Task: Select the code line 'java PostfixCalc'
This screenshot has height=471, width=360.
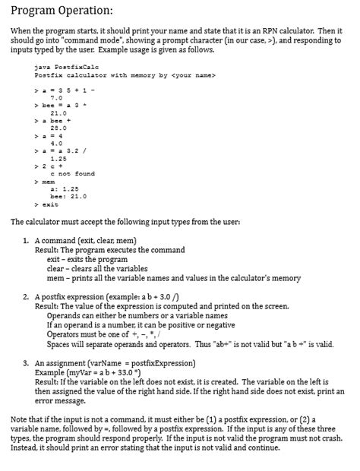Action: coord(62,68)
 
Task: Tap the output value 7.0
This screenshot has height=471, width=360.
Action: coord(55,98)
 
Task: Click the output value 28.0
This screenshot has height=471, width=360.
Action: coord(57,128)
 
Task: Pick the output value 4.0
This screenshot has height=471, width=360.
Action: coord(55,144)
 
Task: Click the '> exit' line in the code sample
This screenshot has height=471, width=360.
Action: coord(46,204)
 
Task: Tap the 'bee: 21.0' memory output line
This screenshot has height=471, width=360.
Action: coord(68,196)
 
